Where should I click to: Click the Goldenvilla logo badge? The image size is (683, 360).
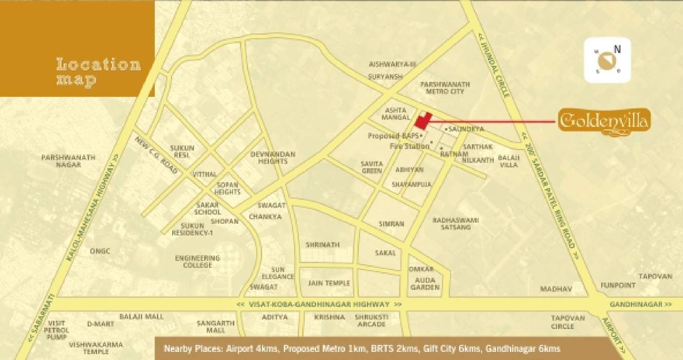point(605,122)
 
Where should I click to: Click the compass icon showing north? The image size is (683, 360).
point(607,60)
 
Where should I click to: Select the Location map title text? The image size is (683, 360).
point(98,72)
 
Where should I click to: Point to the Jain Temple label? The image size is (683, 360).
point(329,283)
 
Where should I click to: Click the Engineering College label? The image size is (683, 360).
point(197,261)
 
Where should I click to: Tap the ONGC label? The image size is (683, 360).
point(100,251)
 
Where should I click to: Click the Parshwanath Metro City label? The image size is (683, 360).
point(445,87)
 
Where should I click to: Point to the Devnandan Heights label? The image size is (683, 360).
point(273,158)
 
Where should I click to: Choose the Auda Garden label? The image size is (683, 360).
point(425,283)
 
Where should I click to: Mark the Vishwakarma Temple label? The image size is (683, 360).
point(89,348)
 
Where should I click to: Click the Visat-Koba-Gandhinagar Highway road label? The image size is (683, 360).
point(319,304)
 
